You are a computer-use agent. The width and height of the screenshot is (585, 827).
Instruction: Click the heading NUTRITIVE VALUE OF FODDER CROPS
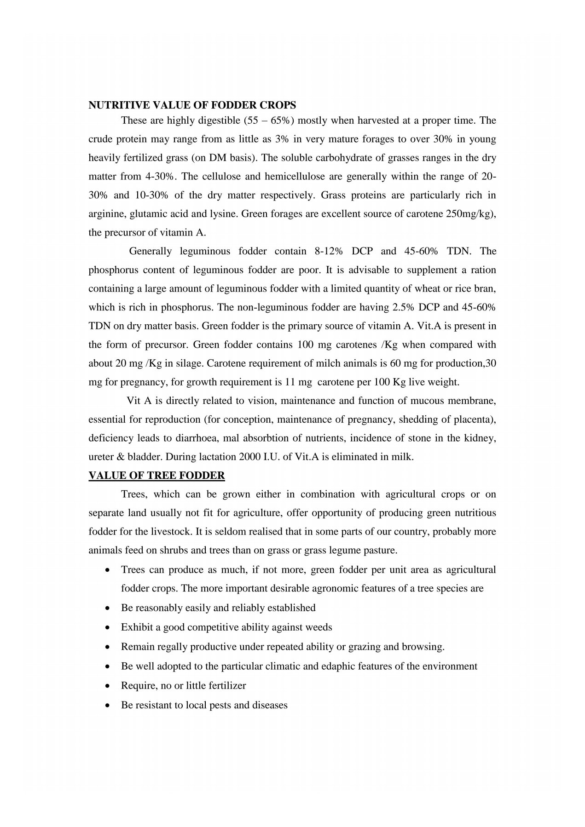click(192, 104)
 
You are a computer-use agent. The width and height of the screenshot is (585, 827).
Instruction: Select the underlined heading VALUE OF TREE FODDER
click(156, 476)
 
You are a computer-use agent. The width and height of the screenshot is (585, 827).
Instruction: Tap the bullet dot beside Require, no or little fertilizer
click(107, 686)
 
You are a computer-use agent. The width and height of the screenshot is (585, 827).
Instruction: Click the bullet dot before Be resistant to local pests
click(107, 705)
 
